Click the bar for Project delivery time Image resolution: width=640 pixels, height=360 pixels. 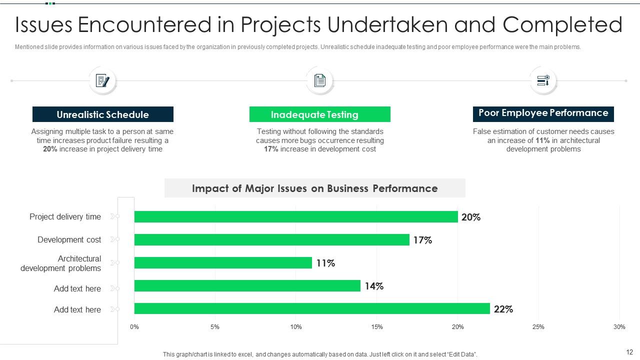click(296, 216)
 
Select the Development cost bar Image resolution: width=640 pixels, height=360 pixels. click(271, 239)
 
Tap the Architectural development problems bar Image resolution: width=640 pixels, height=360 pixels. click(223, 262)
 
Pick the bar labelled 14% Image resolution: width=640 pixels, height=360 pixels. click(247, 285)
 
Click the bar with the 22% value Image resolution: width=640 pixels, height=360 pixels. click(312, 308)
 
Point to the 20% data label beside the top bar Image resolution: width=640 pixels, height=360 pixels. click(471, 217)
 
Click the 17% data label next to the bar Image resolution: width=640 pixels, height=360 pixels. click(422, 240)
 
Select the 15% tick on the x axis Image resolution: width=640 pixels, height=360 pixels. click(377, 327)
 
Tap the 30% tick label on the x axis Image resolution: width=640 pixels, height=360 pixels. click(619, 327)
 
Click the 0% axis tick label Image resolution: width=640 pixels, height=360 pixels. click(134, 327)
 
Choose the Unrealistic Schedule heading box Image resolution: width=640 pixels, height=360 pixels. click(103, 114)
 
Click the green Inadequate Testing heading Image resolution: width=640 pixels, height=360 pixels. click(319, 114)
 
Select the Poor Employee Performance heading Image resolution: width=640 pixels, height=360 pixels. click(543, 113)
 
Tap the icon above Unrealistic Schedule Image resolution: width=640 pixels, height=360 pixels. click(102, 80)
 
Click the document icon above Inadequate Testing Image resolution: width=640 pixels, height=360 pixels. click(319, 80)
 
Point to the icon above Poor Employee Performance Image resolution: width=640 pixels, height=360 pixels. click(543, 80)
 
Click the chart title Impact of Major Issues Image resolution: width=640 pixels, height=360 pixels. click(314, 188)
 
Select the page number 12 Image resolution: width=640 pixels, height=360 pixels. click(629, 352)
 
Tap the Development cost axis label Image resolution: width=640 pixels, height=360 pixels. click(69, 240)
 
